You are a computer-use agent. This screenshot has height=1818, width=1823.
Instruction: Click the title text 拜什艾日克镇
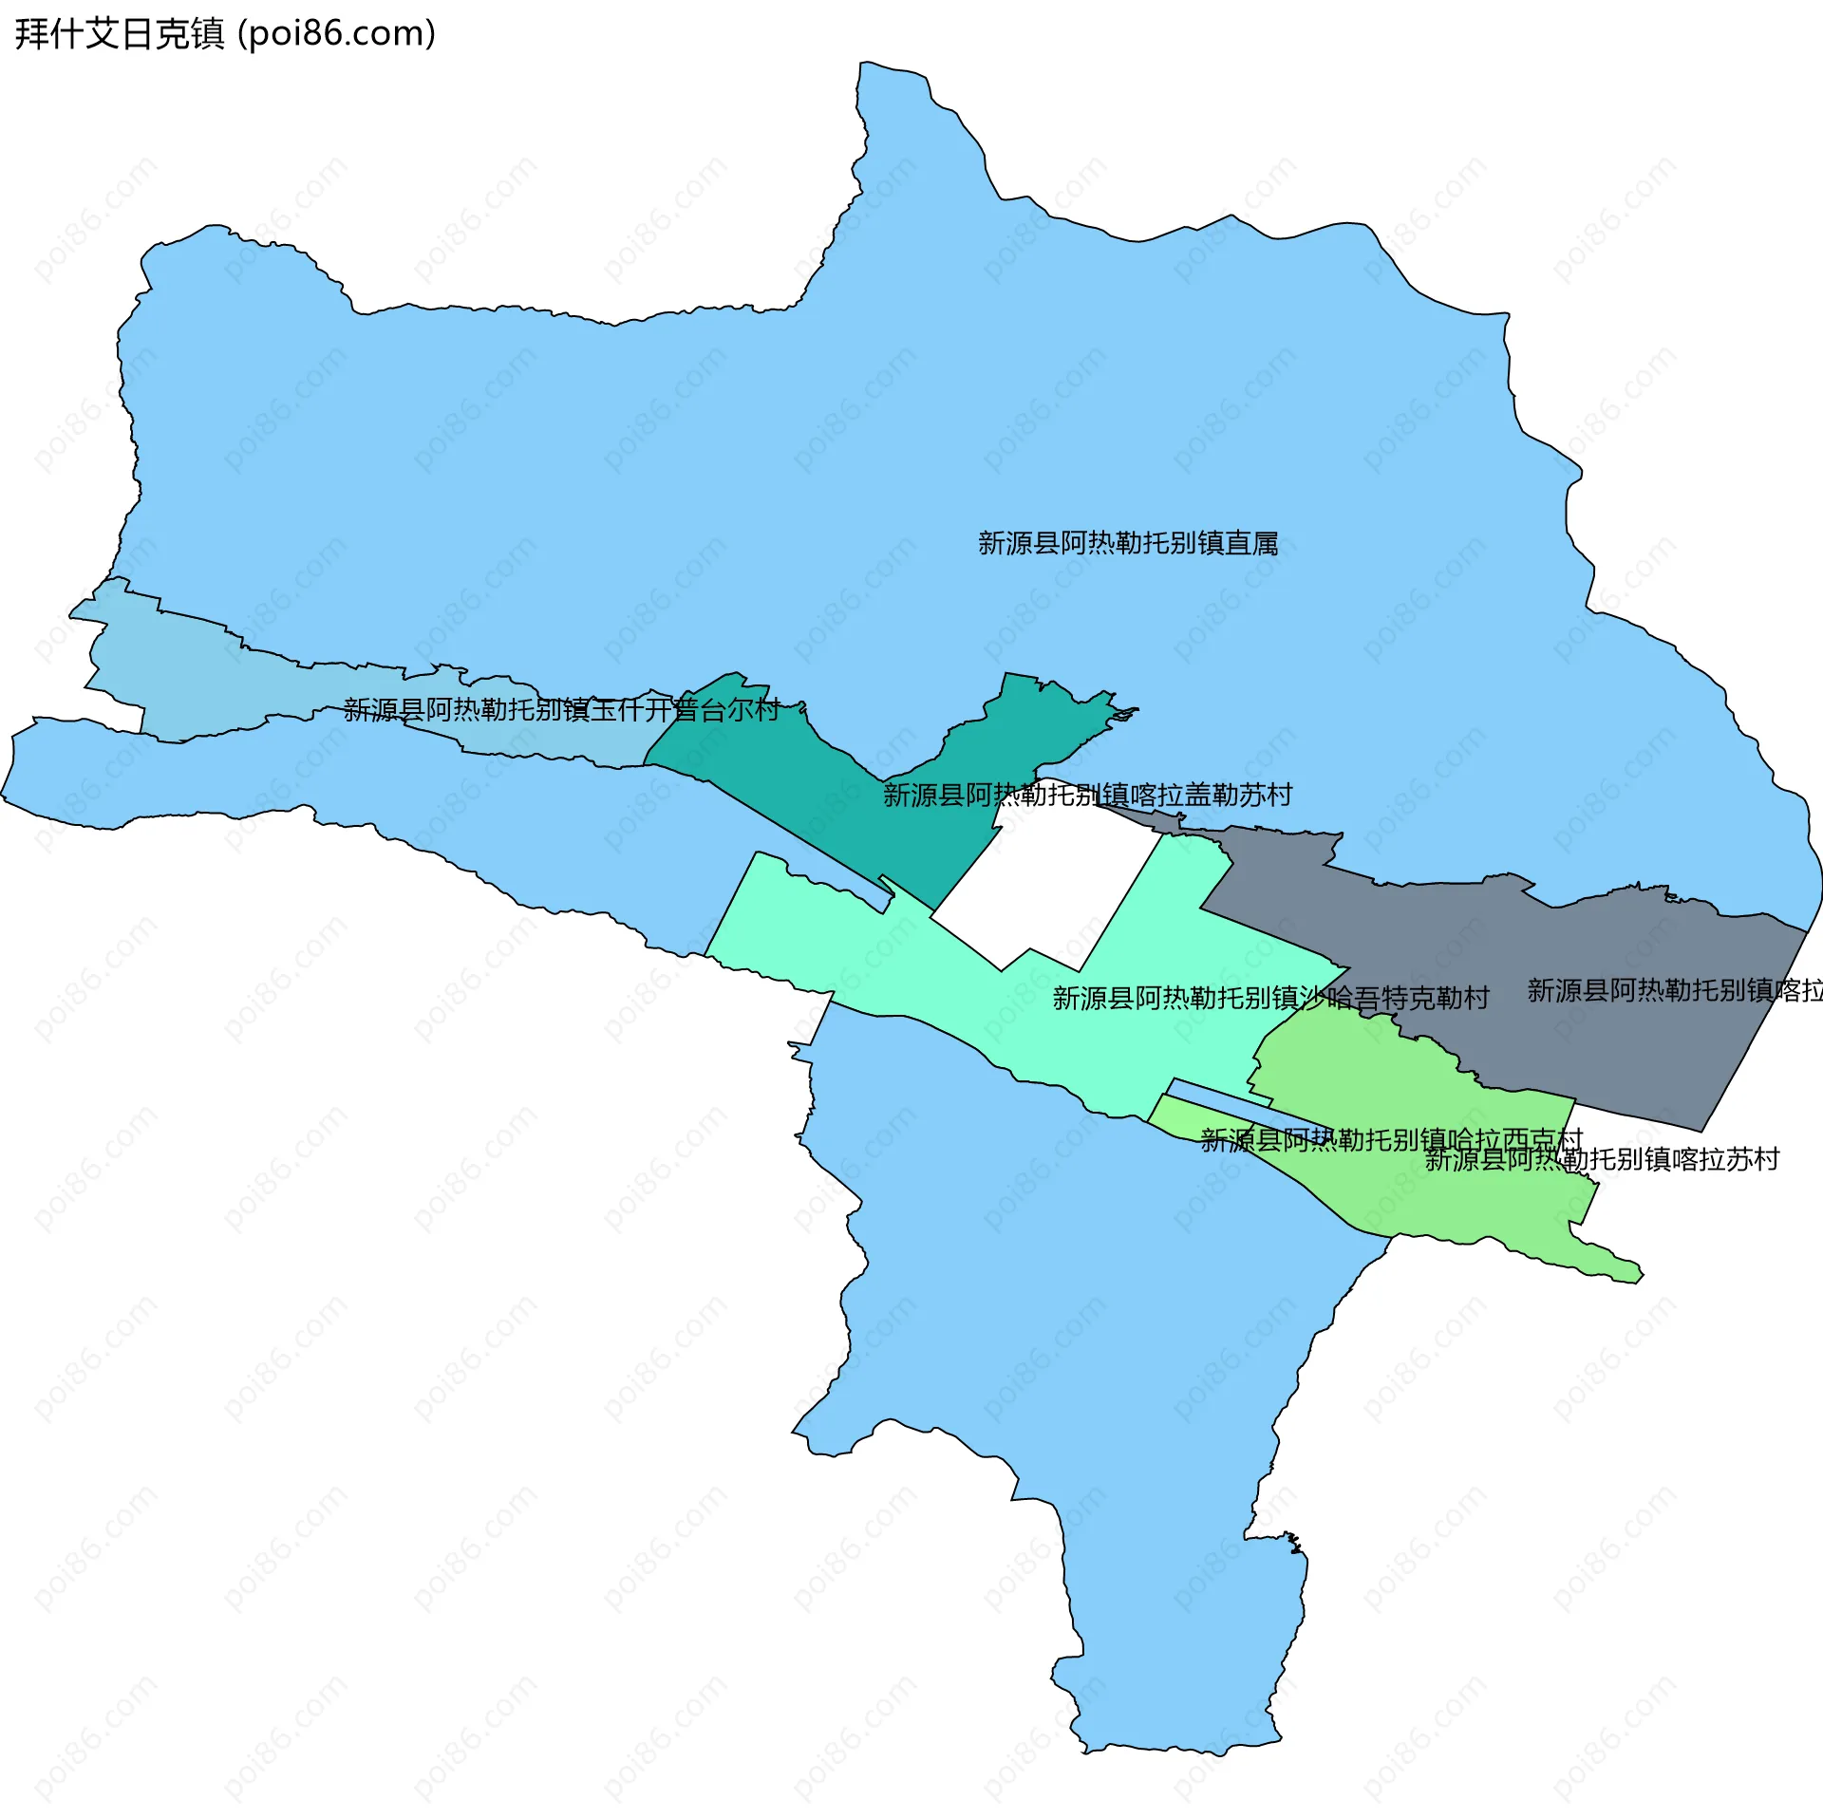[x=120, y=34]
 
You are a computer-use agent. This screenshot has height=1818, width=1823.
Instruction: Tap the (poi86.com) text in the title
[x=336, y=34]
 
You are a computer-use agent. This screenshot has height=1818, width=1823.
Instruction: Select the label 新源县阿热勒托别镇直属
[x=1128, y=543]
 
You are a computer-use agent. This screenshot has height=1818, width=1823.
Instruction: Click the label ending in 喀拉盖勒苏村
[x=1087, y=795]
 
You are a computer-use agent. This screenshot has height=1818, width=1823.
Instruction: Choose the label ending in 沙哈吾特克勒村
[x=1270, y=998]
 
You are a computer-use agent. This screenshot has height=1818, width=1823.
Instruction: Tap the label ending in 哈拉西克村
[x=1391, y=1139]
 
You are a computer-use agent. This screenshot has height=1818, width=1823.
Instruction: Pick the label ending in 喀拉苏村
[x=1602, y=1159]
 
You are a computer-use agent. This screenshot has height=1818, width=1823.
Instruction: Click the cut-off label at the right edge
[x=1675, y=990]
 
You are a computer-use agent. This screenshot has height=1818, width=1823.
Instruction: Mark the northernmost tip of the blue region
[x=869, y=64]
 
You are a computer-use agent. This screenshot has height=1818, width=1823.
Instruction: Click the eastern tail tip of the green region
[x=1641, y=1275]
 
